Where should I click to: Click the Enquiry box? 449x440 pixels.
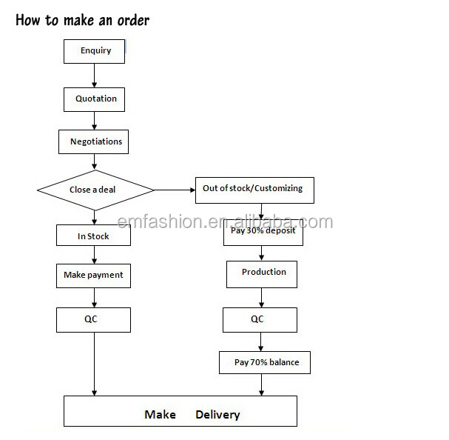[94, 51]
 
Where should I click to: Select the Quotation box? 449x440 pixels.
[95, 99]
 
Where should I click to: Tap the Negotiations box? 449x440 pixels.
[95, 141]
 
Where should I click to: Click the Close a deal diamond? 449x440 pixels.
[95, 190]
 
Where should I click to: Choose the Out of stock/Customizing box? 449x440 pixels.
[254, 190]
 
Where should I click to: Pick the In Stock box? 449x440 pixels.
[93, 236]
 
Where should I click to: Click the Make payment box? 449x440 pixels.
[93, 276]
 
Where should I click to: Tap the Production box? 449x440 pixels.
[262, 273]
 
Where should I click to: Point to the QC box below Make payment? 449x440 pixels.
[93, 319]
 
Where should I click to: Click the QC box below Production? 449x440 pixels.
[260, 319]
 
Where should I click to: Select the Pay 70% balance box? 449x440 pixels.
[264, 362]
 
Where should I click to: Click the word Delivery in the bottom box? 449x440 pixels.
[217, 414]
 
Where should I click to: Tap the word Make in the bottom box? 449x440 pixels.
[160, 414]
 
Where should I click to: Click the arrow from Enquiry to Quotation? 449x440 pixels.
[94, 75]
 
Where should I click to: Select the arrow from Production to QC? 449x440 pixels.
[260, 297]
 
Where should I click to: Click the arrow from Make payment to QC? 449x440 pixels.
[94, 298]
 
